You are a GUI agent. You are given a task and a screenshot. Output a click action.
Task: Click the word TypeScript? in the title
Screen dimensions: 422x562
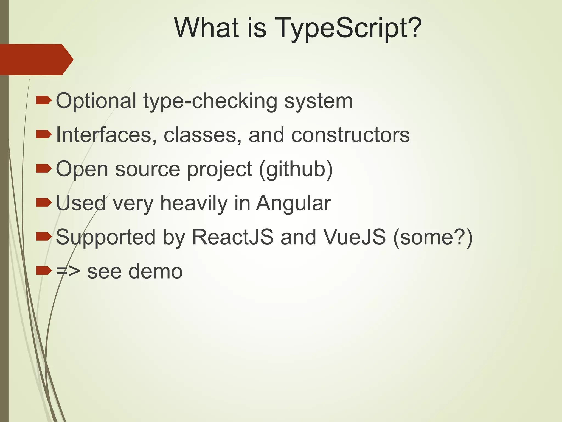(348, 28)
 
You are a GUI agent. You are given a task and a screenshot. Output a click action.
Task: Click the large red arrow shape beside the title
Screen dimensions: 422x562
(36, 59)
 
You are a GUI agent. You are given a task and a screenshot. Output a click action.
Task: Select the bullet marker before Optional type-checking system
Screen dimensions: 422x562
(44, 101)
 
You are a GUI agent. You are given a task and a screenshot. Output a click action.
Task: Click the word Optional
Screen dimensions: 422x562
(96, 101)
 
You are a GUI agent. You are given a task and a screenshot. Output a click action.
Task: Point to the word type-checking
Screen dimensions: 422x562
(210, 101)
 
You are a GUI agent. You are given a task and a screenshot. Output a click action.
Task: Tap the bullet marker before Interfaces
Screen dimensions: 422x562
(44, 135)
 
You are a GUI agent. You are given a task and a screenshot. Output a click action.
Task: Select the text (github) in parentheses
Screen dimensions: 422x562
(296, 169)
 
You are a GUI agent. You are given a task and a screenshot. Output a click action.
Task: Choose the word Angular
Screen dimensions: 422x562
(293, 204)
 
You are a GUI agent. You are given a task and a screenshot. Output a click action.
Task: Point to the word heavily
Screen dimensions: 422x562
(194, 204)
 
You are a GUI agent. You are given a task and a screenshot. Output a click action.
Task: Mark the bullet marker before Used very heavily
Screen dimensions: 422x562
(44, 203)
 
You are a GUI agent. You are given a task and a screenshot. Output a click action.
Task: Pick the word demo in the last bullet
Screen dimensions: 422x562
(155, 271)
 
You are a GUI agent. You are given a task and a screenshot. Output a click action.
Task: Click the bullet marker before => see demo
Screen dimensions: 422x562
(44, 271)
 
